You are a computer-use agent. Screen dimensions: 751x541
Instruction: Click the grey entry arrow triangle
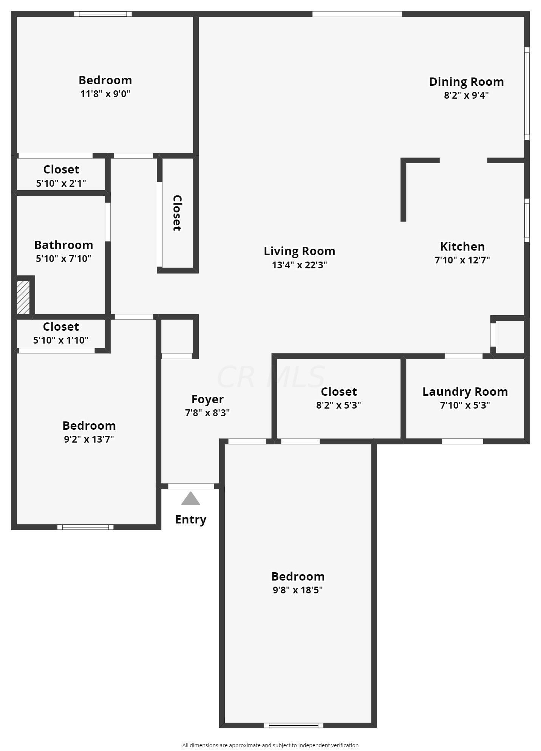[x=190, y=499]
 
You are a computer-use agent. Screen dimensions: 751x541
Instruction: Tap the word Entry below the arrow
[x=191, y=519]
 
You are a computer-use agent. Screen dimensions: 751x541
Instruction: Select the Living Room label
[x=299, y=251]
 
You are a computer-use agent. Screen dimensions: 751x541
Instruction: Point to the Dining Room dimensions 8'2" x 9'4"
[x=466, y=95]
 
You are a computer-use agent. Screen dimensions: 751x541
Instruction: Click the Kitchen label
[x=462, y=246]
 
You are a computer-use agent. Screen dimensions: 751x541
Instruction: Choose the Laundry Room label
[x=465, y=392]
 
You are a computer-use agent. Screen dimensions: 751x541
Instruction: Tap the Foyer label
[x=207, y=399]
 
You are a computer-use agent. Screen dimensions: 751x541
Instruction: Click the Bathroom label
[x=63, y=245]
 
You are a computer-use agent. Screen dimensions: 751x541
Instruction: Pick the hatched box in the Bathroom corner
[x=23, y=297]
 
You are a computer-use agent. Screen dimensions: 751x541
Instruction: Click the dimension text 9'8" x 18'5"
[x=298, y=590]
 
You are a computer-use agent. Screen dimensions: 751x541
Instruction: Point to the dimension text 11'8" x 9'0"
[x=105, y=94]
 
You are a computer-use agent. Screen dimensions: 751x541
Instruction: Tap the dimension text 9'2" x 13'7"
[x=89, y=439]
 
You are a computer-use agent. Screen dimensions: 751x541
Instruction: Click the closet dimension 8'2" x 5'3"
[x=339, y=405]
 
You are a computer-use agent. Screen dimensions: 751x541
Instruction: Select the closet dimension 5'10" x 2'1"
[x=61, y=183]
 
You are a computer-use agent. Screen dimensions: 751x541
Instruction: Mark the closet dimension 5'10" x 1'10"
[x=61, y=340]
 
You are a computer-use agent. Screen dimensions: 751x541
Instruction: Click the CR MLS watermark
[x=270, y=377]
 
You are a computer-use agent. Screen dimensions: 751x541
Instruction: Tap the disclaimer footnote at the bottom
[x=270, y=745]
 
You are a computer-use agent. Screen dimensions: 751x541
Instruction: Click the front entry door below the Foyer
[x=191, y=486]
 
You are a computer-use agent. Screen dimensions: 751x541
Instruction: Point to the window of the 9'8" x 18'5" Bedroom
[x=294, y=725]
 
